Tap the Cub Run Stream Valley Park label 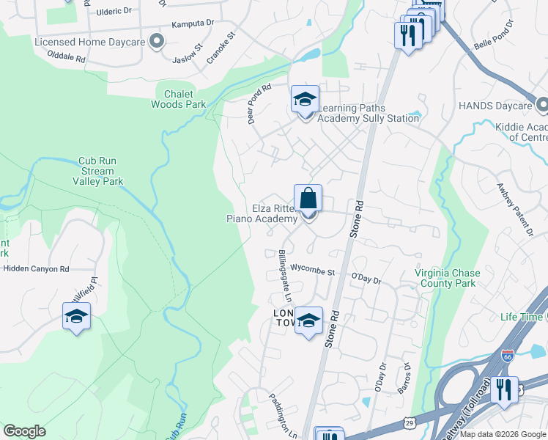97,171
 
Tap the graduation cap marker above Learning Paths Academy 305,99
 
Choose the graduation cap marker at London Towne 308,320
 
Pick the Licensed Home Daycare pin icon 156,42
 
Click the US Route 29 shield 410,424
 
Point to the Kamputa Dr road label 193,24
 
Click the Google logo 24,431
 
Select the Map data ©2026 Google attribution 503,434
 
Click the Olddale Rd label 66,57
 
